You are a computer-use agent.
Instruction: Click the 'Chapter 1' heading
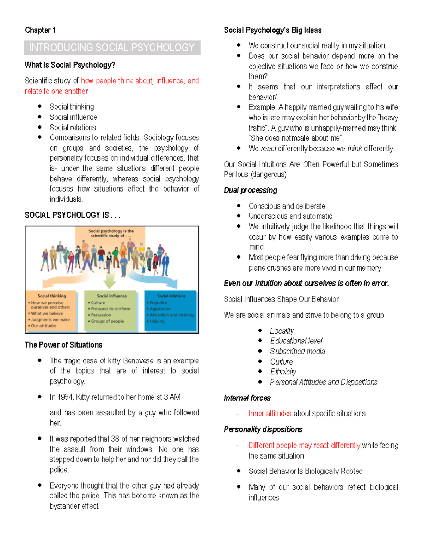[x=40, y=30]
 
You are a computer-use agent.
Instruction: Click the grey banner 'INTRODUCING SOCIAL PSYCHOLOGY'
[x=112, y=47]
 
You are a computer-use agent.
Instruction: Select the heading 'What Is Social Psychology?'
[x=70, y=65]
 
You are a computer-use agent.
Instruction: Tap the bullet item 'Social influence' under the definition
[x=73, y=117]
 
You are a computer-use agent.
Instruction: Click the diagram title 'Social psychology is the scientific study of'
[x=111, y=233]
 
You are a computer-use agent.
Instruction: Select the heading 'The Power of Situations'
[x=63, y=344]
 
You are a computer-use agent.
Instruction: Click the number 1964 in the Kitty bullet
[x=65, y=397]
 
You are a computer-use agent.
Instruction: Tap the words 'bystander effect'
[x=74, y=506]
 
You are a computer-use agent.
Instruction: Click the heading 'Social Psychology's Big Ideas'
[x=272, y=30]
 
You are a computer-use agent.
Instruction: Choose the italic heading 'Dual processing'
[x=250, y=190]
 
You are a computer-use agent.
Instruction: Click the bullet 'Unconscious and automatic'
[x=290, y=216]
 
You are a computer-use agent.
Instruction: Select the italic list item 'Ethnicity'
[x=283, y=372]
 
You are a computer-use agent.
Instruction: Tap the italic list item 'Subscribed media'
[x=297, y=351]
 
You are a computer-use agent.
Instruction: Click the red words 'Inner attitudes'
[x=270, y=413]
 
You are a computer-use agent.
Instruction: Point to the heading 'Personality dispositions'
[x=263, y=429]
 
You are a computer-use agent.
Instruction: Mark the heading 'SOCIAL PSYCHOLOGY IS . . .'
[x=73, y=215]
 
